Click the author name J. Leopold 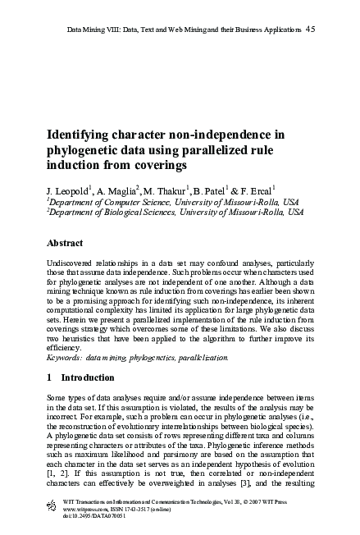click(69, 191)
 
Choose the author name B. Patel click(217, 191)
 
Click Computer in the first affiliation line click(119, 202)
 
